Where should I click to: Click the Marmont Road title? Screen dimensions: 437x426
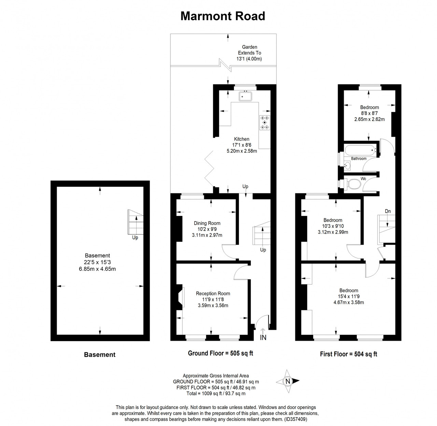pyautogui.click(x=223, y=16)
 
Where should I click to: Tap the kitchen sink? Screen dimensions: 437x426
pyautogui.click(x=245, y=96)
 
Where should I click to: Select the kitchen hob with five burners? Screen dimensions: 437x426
pyautogui.click(x=265, y=122)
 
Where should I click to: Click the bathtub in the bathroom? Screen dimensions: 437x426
pyautogui.click(x=360, y=150)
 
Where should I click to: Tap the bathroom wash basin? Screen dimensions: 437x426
pyautogui.click(x=347, y=165)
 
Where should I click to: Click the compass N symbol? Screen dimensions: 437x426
pyautogui.click(x=288, y=381)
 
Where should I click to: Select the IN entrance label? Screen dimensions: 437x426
pyautogui.click(x=263, y=337)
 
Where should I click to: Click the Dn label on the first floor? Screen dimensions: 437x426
pyautogui.click(x=388, y=211)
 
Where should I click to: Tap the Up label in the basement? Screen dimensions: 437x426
pyautogui.click(x=135, y=238)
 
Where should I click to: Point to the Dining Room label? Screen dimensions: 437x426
pyautogui.click(x=207, y=223)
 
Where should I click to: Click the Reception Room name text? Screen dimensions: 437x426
pyautogui.click(x=213, y=293)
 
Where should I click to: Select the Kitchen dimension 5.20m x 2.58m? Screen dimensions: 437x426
pyautogui.click(x=242, y=151)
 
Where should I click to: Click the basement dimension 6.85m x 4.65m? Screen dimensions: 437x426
pyautogui.click(x=97, y=269)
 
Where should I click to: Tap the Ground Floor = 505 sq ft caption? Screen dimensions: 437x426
pyautogui.click(x=221, y=353)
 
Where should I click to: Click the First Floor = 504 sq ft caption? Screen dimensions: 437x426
pyautogui.click(x=349, y=354)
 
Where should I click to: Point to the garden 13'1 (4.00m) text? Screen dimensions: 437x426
pyautogui.click(x=249, y=59)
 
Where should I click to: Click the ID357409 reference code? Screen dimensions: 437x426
pyautogui.click(x=296, y=419)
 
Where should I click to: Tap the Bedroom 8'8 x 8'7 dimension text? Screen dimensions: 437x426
pyautogui.click(x=369, y=113)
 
